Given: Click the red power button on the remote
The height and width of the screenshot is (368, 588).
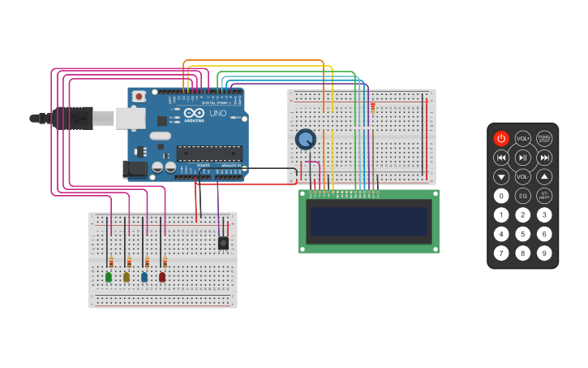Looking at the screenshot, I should pyautogui.click(x=501, y=139).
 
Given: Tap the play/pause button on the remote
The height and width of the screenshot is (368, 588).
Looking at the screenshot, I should pyautogui.click(x=523, y=158).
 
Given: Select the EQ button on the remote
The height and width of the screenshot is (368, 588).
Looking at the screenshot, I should pyautogui.click(x=523, y=196).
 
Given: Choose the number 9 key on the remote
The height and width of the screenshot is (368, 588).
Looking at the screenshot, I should pyautogui.click(x=544, y=253).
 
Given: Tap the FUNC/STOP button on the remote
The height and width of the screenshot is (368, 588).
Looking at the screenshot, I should pyautogui.click(x=544, y=139).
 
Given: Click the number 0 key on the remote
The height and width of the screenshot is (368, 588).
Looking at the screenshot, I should pyautogui.click(x=501, y=196).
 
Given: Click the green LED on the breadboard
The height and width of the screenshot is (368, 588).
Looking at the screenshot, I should pyautogui.click(x=109, y=277).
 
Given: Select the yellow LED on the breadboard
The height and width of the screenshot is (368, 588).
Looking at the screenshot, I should pyautogui.click(x=127, y=277).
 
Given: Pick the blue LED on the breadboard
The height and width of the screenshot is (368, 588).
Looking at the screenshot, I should pyautogui.click(x=144, y=277).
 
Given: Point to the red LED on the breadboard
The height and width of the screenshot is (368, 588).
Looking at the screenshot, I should pyautogui.click(x=162, y=277).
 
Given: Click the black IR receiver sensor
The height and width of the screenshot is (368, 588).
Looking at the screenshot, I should pyautogui.click(x=223, y=242).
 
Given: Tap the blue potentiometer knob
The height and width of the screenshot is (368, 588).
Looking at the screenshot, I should pyautogui.click(x=305, y=140).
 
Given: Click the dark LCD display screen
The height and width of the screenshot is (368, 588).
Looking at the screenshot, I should pyautogui.click(x=369, y=221).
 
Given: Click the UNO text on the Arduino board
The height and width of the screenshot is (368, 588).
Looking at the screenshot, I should pyautogui.click(x=218, y=114).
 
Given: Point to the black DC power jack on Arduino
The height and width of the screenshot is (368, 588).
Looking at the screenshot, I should pyautogui.click(x=134, y=169).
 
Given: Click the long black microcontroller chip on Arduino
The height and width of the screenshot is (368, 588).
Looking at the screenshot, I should pyautogui.click(x=208, y=153).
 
